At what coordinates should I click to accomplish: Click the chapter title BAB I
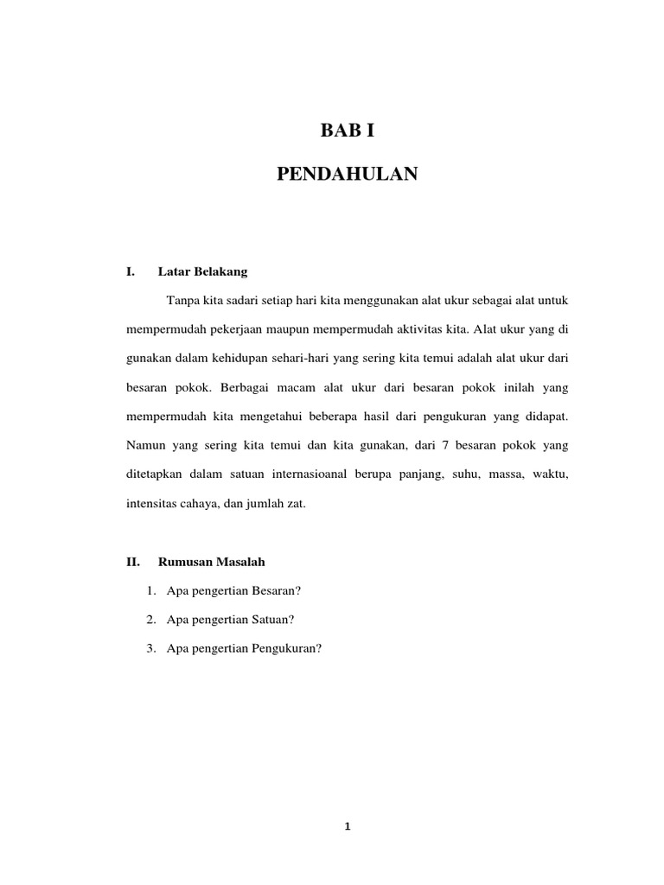click(347, 132)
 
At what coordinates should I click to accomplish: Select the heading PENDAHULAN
click(347, 175)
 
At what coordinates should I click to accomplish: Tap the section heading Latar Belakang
click(203, 271)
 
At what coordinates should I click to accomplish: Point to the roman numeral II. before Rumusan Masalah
click(133, 562)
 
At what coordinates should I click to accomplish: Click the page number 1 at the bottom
click(347, 826)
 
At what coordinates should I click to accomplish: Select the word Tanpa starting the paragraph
click(178, 300)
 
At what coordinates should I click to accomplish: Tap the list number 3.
click(151, 648)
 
